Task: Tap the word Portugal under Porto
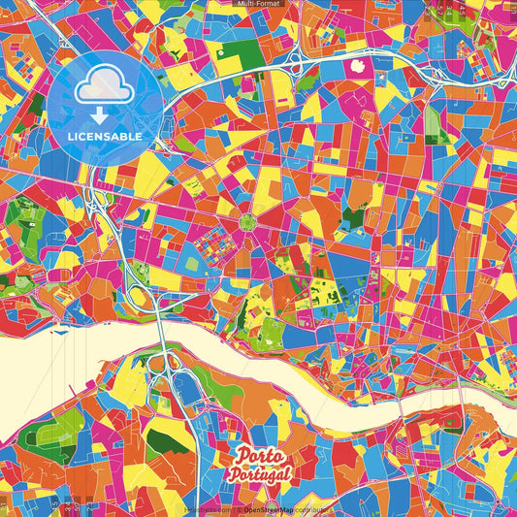click(x=262, y=474)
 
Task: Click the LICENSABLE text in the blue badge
click(x=106, y=137)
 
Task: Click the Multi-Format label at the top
click(x=258, y=4)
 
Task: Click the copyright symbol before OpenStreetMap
click(x=237, y=509)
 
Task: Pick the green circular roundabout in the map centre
click(x=248, y=221)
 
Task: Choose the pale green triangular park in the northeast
click(x=432, y=120)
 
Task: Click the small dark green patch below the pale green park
click(x=433, y=151)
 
